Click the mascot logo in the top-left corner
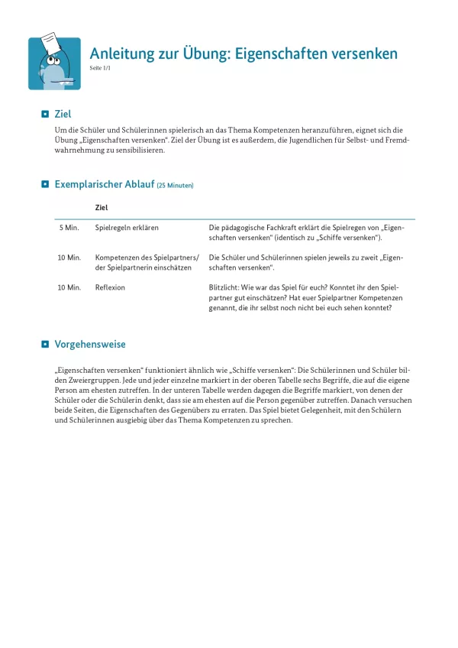[x=54, y=63]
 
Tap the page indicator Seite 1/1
[x=102, y=69]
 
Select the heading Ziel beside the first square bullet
[x=63, y=114]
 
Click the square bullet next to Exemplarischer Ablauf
[x=45, y=185]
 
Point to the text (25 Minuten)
[x=175, y=186]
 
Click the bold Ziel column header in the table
[x=102, y=207]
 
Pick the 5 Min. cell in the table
[x=69, y=228]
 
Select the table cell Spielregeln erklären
[x=127, y=228]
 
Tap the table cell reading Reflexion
[x=111, y=287]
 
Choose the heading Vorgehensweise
[x=90, y=345]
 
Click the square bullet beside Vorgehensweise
[x=45, y=345]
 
